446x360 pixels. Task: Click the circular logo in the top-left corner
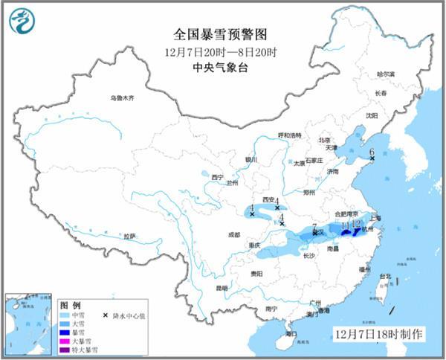point(22,22)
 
